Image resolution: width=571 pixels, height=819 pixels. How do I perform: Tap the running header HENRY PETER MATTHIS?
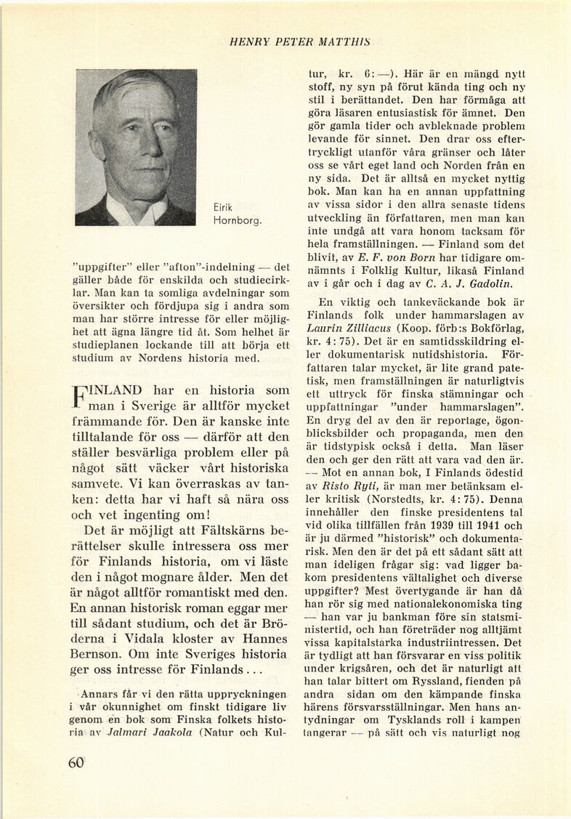pyautogui.click(x=299, y=43)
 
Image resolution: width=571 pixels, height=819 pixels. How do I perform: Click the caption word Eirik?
pyautogui.click(x=222, y=206)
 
